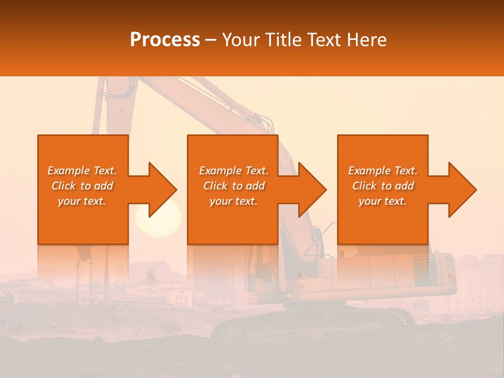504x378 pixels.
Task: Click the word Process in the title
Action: point(165,40)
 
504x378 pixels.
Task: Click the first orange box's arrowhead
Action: point(161,190)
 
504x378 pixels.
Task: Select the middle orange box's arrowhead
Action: point(311,190)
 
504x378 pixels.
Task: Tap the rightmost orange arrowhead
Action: point(460,190)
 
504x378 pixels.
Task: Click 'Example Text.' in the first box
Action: point(82,171)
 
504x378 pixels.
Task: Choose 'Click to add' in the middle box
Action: point(234,186)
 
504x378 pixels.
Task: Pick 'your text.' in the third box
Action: point(383,201)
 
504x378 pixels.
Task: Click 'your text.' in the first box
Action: point(82,201)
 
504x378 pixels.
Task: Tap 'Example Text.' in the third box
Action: point(383,171)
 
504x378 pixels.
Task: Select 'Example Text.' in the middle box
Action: point(234,171)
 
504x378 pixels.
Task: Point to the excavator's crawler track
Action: point(315,325)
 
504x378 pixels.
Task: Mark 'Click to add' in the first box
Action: point(82,186)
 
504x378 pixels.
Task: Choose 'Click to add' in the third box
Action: point(383,186)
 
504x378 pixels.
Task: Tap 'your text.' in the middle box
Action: point(234,201)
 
